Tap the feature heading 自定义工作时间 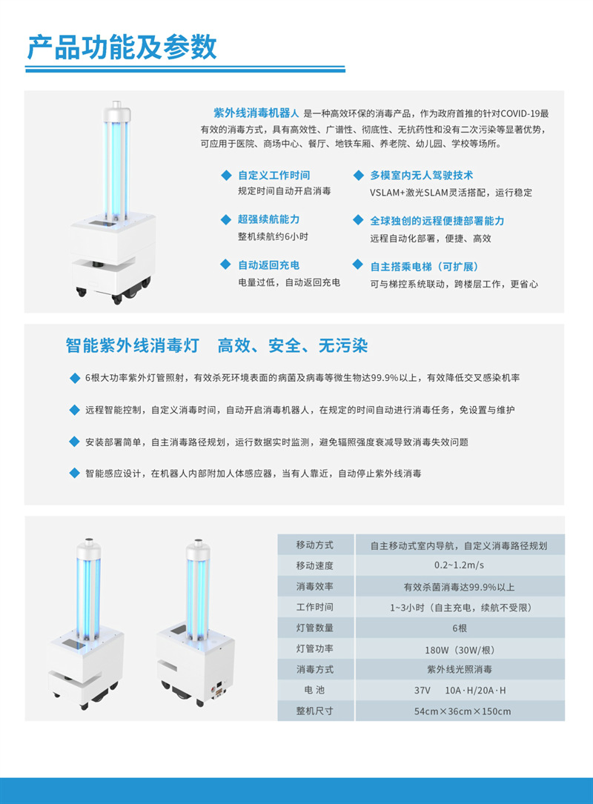(274, 176)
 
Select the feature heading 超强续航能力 (268, 220)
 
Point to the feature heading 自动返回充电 (268, 265)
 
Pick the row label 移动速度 (315, 565)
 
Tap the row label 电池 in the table (315, 691)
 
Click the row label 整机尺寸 (315, 711)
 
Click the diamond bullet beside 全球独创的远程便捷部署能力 (357, 221)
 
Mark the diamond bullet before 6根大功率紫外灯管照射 (74, 378)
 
